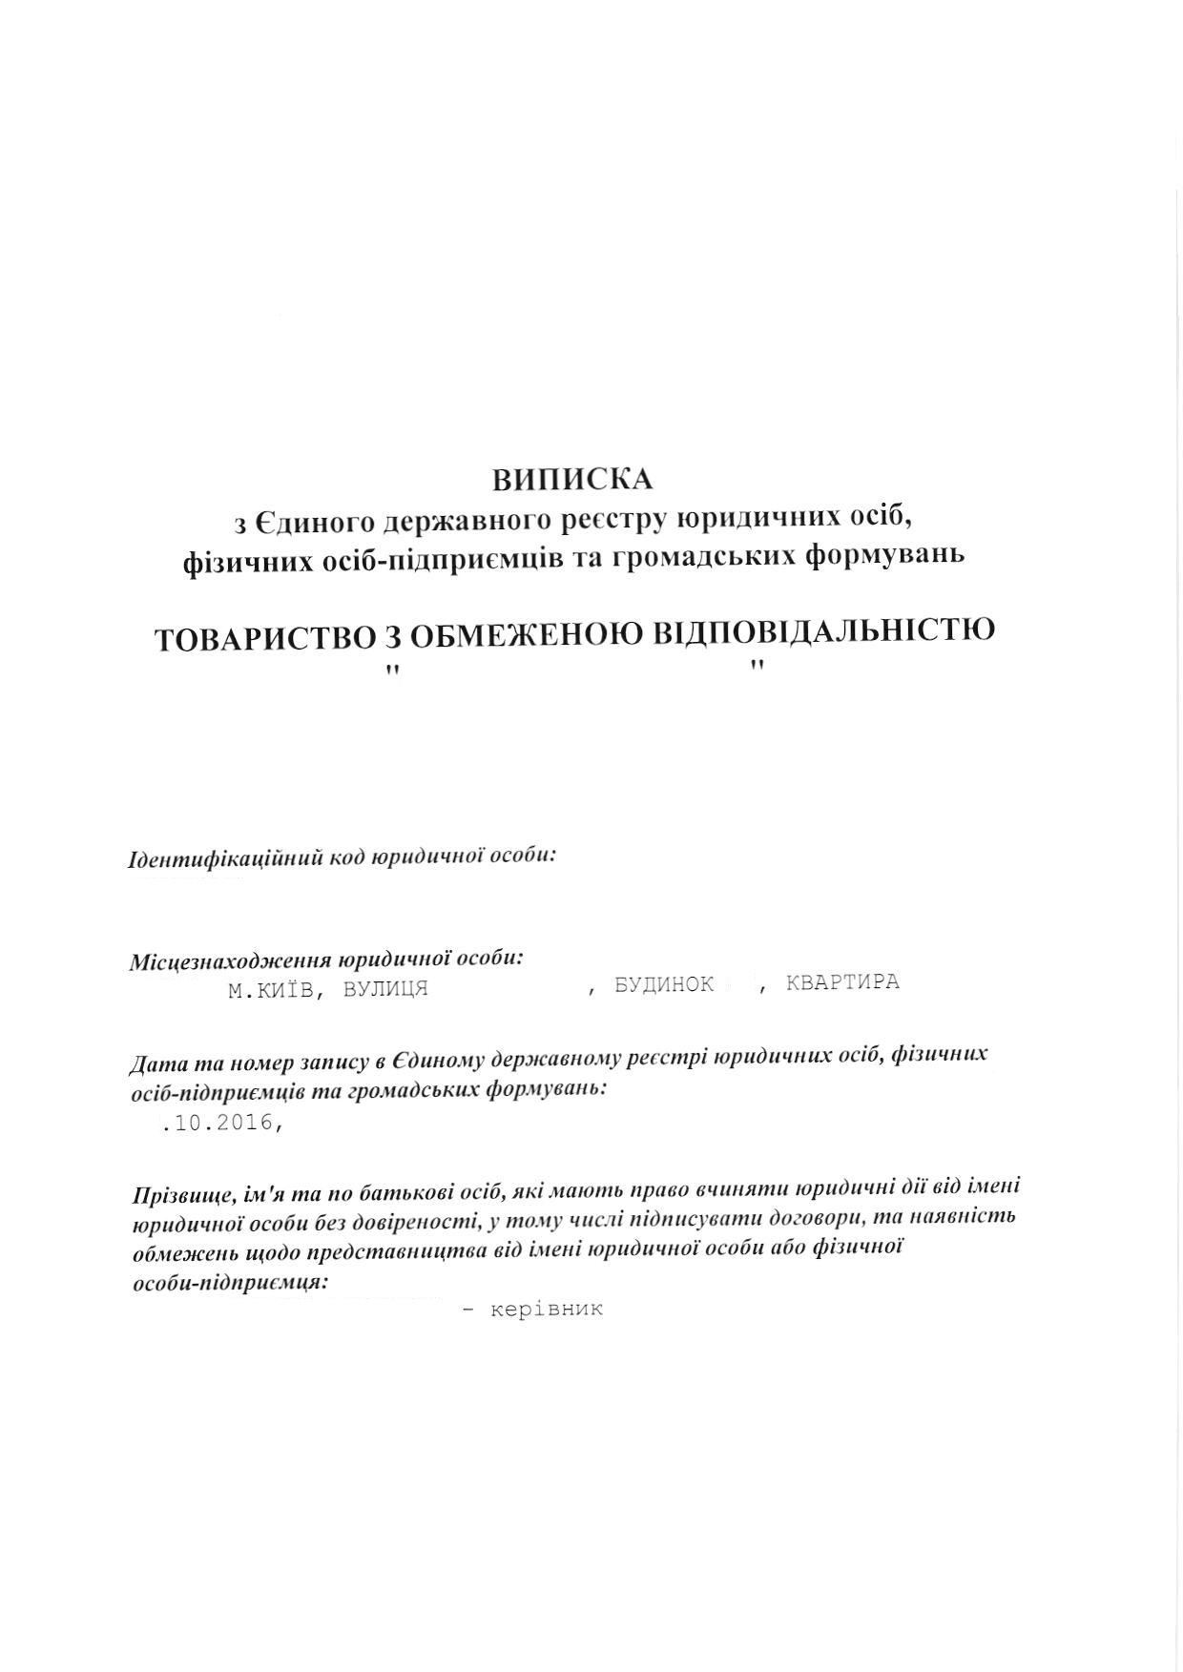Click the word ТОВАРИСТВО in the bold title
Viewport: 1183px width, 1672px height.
[263, 638]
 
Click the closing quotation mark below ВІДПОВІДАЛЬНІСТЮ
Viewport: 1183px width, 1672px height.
[758, 666]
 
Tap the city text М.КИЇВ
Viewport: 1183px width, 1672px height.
[271, 990]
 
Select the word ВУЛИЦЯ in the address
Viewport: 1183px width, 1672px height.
[384, 989]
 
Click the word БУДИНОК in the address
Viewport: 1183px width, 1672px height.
[664, 984]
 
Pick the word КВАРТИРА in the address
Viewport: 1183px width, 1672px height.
[842, 981]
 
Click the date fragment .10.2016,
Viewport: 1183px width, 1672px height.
[222, 1124]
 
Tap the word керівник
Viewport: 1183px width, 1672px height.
[547, 1309]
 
